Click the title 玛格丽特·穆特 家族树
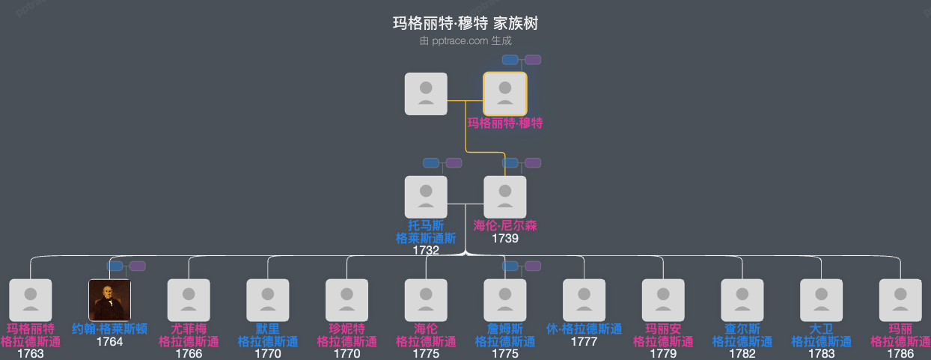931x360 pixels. [465, 24]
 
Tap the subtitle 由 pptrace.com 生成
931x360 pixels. [465, 41]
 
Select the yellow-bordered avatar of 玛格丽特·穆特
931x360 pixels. [505, 94]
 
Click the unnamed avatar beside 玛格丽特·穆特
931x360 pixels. [426, 94]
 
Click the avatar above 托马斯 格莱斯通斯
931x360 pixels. [426, 197]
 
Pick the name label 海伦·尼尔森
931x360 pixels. [505, 225]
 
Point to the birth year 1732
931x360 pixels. [426, 251]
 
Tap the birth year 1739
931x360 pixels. [505, 239]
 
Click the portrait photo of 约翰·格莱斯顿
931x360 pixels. [110, 300]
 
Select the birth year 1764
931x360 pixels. [110, 342]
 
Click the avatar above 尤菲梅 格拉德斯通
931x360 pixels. [189, 300]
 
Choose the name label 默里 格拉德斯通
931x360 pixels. [268, 335]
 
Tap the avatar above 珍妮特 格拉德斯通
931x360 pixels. [347, 300]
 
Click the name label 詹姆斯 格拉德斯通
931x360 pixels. [505, 335]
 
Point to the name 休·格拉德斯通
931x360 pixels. [584, 329]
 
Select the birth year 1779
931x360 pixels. [663, 354]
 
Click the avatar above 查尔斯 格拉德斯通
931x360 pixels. [742, 300]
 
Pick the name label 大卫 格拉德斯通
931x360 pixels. [822, 335]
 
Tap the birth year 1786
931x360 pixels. [900, 354]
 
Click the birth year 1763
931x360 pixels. [31, 354]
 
